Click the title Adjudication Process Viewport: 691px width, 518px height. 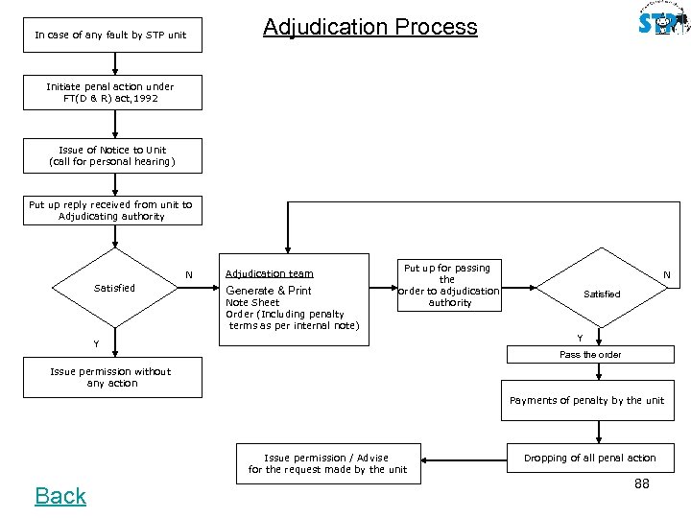[x=369, y=27]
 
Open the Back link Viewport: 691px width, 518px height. [x=60, y=496]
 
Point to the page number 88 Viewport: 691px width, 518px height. [x=641, y=483]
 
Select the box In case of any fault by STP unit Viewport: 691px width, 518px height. [x=110, y=35]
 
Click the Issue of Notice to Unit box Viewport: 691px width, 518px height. [x=112, y=156]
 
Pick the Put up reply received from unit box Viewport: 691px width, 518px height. [x=112, y=210]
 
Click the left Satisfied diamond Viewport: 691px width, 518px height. [x=114, y=288]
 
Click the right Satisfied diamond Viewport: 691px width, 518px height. [x=602, y=294]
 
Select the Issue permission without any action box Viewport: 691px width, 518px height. [x=112, y=378]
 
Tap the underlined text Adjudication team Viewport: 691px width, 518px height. [x=269, y=273]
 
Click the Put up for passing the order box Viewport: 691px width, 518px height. [x=449, y=285]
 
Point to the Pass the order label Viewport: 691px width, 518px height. [x=590, y=355]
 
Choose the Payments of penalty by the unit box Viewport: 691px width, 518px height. [x=586, y=400]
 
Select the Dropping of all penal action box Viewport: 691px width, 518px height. [x=590, y=458]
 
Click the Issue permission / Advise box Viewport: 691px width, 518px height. [x=327, y=463]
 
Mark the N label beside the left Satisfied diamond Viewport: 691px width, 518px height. [x=189, y=275]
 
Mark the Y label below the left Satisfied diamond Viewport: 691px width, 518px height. [x=95, y=344]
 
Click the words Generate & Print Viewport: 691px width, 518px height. [x=268, y=291]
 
